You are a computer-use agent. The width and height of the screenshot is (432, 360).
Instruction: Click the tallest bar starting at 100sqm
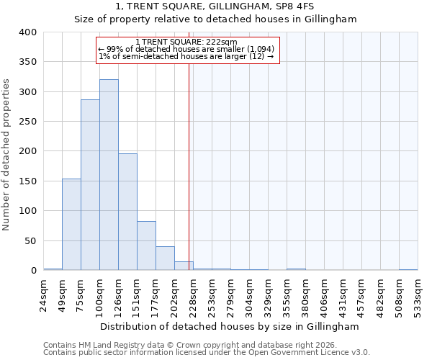109,175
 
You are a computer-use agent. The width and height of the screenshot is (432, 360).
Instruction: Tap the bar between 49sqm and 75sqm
71,225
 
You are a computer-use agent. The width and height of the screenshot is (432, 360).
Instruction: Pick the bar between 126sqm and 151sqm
127,212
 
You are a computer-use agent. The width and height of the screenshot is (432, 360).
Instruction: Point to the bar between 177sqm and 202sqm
165,258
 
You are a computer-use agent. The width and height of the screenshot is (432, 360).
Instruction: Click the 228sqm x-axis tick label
194,295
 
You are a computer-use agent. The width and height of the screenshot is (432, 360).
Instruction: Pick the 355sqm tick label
287,295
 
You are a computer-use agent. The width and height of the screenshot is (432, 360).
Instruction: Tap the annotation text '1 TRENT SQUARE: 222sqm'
186,42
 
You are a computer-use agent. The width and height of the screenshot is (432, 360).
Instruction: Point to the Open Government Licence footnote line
207,352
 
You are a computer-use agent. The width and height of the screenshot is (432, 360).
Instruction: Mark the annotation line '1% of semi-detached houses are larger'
186,56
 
